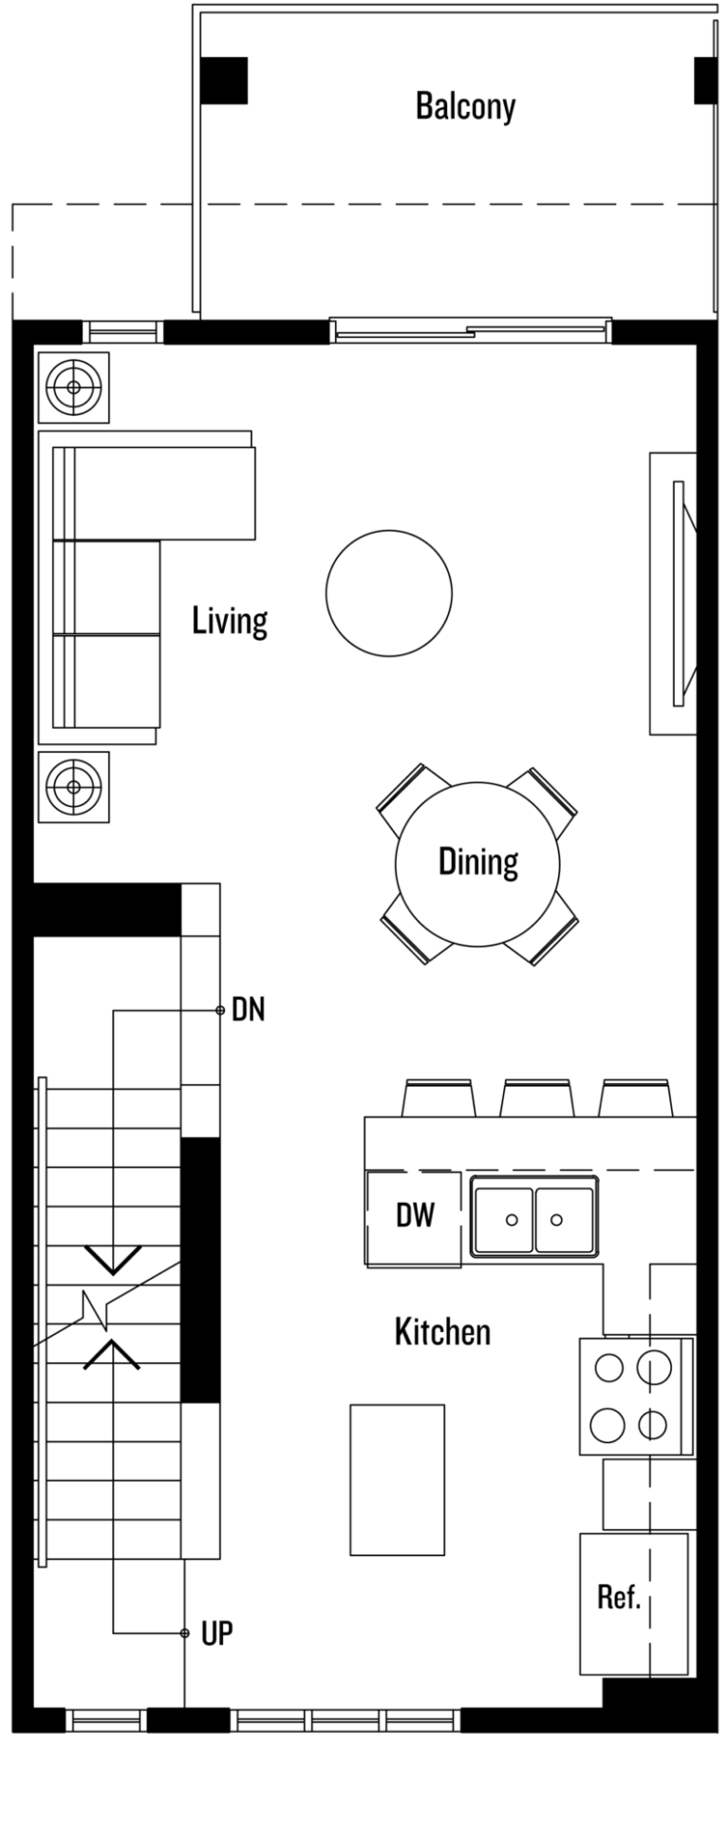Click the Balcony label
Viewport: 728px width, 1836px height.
tap(465, 106)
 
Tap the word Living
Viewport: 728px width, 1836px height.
tap(230, 621)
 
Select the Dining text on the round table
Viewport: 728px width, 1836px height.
tap(478, 861)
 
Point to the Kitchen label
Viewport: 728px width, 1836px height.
tap(442, 1331)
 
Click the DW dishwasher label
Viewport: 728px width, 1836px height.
tap(415, 1215)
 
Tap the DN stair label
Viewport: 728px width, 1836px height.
tap(249, 1011)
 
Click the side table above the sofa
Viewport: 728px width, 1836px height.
tap(72, 387)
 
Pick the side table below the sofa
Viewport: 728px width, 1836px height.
tap(72, 786)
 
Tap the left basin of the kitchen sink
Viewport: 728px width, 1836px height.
tap(503, 1219)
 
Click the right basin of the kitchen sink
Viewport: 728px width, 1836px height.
tap(564, 1219)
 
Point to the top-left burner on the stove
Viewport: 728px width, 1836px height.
tap(607, 1368)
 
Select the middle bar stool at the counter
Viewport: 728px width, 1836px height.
tap(536, 1097)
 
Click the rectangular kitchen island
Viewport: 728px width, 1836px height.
tap(397, 1479)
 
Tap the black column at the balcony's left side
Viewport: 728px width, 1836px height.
tap(224, 81)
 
